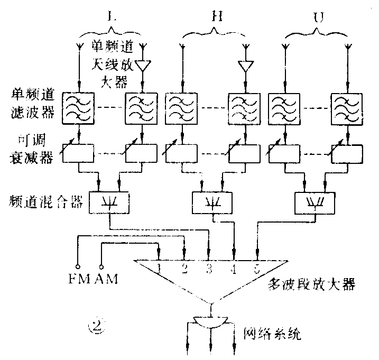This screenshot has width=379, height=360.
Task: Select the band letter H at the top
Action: tap(214, 16)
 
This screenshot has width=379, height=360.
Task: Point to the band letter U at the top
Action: tap(317, 16)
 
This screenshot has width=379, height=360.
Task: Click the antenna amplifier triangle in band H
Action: tap(246, 67)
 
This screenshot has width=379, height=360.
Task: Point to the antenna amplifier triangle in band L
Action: tap(143, 66)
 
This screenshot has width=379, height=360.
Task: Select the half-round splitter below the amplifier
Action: tap(211, 321)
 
